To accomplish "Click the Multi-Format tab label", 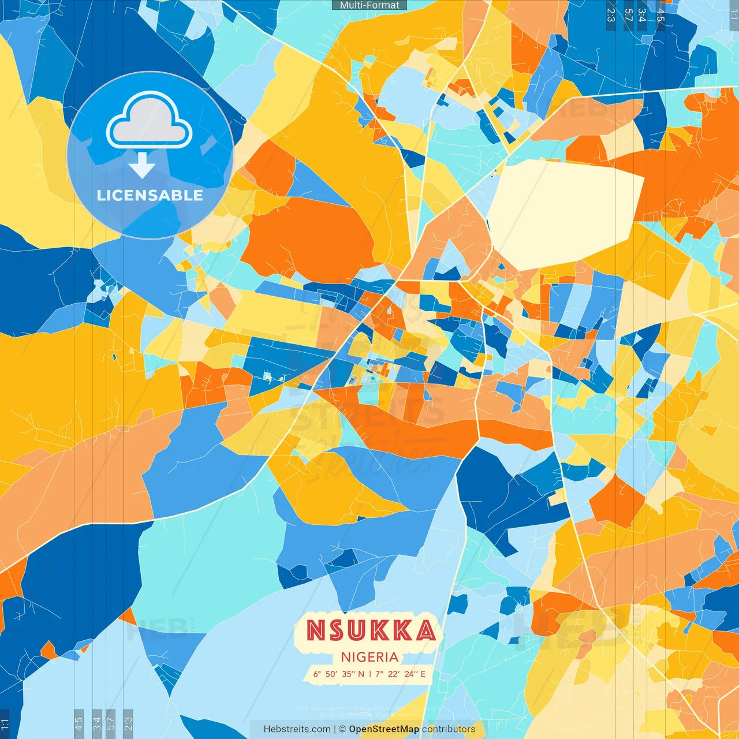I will click(369, 5).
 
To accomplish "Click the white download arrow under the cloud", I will click(142, 166).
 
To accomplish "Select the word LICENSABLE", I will click(150, 195).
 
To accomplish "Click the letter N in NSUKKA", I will click(317, 630).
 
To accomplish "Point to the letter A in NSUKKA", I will click(426, 630).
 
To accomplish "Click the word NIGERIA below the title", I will click(369, 657).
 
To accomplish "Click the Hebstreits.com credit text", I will click(297, 729).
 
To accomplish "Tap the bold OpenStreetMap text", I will click(384, 729).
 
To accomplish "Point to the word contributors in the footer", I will click(449, 729).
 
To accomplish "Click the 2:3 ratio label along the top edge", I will click(611, 15).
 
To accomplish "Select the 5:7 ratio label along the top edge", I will click(628, 15).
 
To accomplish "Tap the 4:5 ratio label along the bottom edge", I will click(79, 722).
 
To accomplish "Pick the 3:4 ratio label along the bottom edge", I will click(96, 722).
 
